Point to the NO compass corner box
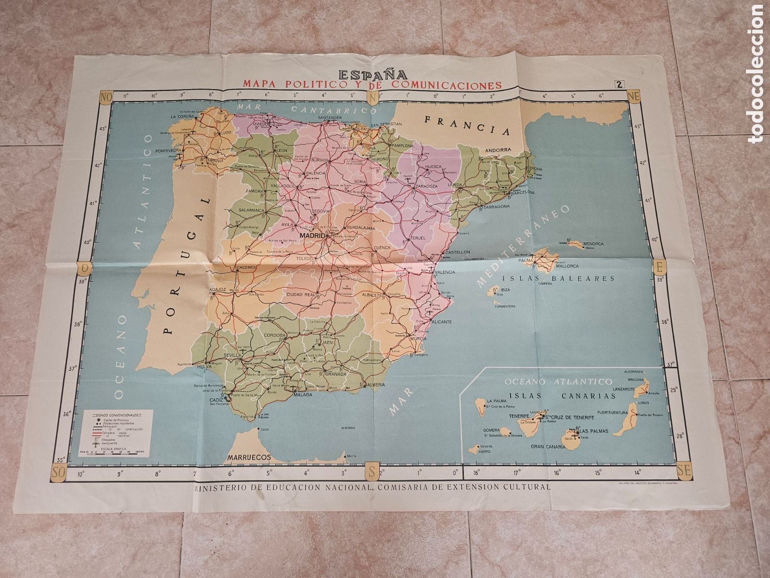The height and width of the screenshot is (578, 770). (x=105, y=97)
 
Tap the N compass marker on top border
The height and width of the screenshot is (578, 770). (x=385, y=97)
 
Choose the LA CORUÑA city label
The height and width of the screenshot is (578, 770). (x=181, y=116)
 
